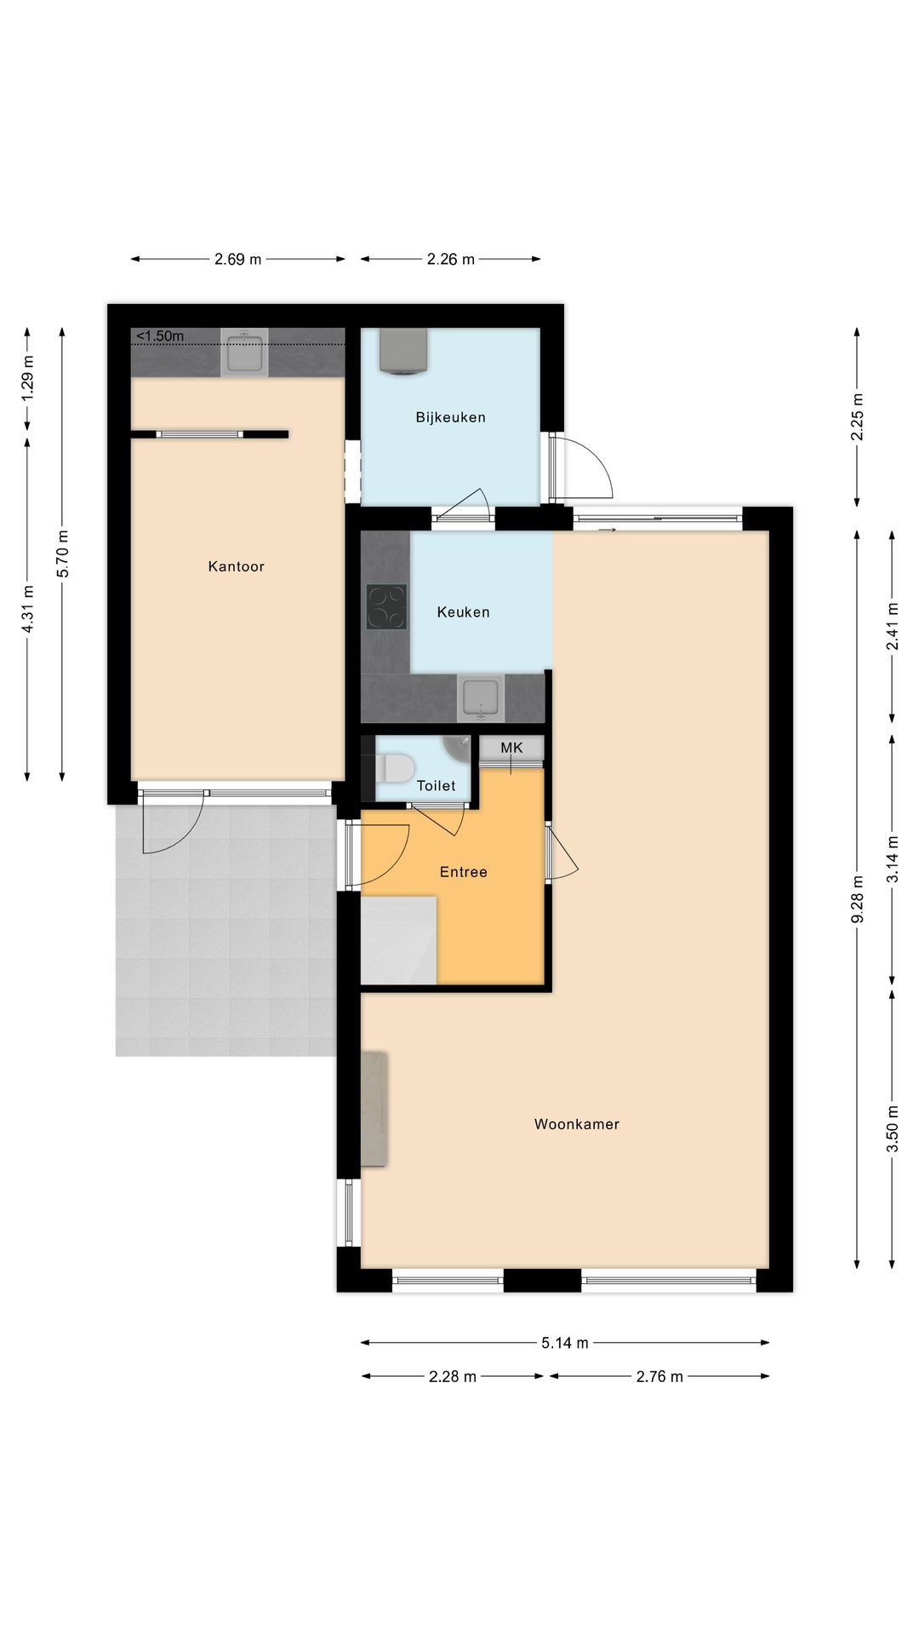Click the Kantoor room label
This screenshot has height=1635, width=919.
tap(236, 566)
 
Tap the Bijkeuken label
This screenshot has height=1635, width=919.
tap(450, 417)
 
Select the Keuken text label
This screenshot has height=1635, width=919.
tap(463, 611)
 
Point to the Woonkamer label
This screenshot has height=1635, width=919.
tap(576, 1124)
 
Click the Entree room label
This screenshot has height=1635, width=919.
tap(463, 872)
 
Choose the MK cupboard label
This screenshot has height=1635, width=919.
tap(511, 748)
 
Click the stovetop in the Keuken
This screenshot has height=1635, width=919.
tap(386, 606)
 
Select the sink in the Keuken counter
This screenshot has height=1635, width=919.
tap(481, 699)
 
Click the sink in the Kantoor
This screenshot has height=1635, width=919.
tap(244, 353)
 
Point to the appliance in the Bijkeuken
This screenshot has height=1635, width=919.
tap(403, 352)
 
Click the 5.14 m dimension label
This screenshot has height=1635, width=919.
tap(565, 1343)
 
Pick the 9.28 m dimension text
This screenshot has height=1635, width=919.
tap(858, 899)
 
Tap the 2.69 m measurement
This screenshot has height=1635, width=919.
tap(237, 259)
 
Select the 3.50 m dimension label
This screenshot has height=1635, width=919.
tap(893, 1128)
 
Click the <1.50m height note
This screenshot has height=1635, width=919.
tap(160, 336)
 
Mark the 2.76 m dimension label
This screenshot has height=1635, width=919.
tap(659, 1376)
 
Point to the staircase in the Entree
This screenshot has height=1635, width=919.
tap(399, 940)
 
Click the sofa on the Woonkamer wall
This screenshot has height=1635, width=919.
tap(374, 1109)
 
